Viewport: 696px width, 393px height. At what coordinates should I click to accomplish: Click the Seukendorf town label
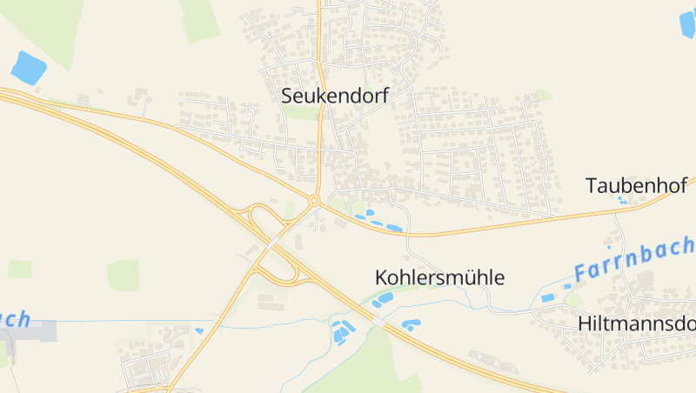coord(335,96)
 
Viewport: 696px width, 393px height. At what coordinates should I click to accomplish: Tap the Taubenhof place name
coord(637,185)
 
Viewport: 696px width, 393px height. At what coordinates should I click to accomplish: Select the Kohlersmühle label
coord(439,278)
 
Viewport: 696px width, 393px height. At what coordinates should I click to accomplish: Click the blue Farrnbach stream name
coord(633,259)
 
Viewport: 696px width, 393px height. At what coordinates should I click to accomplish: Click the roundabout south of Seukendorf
coord(313,202)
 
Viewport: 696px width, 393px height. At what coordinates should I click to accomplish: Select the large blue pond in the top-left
coord(29,67)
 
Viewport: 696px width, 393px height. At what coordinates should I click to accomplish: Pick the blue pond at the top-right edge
coord(687,23)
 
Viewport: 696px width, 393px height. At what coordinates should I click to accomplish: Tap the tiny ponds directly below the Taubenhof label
coord(621,202)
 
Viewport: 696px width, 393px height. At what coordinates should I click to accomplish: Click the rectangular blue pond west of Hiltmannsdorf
coord(548,298)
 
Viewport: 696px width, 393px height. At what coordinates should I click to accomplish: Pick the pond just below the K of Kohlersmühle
coord(384,299)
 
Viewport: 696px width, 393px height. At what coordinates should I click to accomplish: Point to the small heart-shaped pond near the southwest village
coord(199,330)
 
